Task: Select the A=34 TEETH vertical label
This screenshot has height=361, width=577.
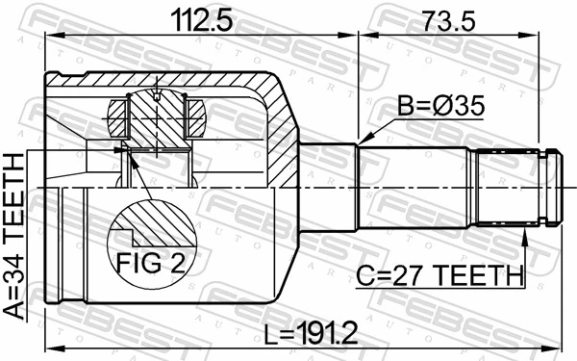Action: click(x=16, y=241)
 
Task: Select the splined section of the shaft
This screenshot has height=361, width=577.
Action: click(x=508, y=186)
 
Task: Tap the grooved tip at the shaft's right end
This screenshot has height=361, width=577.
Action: click(x=551, y=186)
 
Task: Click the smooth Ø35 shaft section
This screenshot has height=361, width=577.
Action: click(x=418, y=186)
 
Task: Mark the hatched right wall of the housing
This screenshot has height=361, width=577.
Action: click(x=282, y=144)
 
